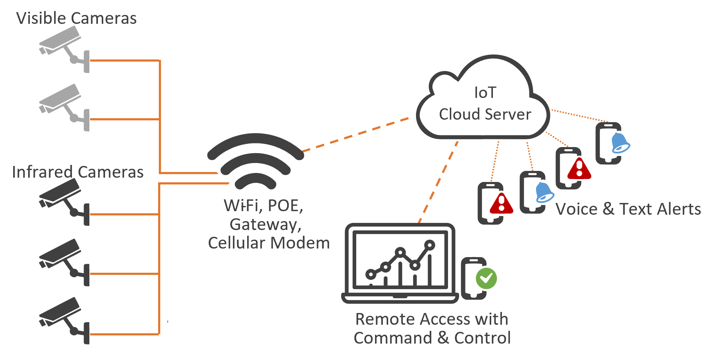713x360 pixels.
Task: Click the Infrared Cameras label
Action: tap(78, 172)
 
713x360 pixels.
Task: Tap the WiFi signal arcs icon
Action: tap(256, 160)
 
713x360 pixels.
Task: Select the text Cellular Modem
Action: tap(269, 243)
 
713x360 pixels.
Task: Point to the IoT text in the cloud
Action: tap(485, 93)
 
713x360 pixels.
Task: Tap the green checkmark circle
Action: tap(486, 278)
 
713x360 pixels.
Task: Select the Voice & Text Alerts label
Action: tap(628, 209)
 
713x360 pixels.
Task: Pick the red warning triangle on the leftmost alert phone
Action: tap(501, 204)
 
